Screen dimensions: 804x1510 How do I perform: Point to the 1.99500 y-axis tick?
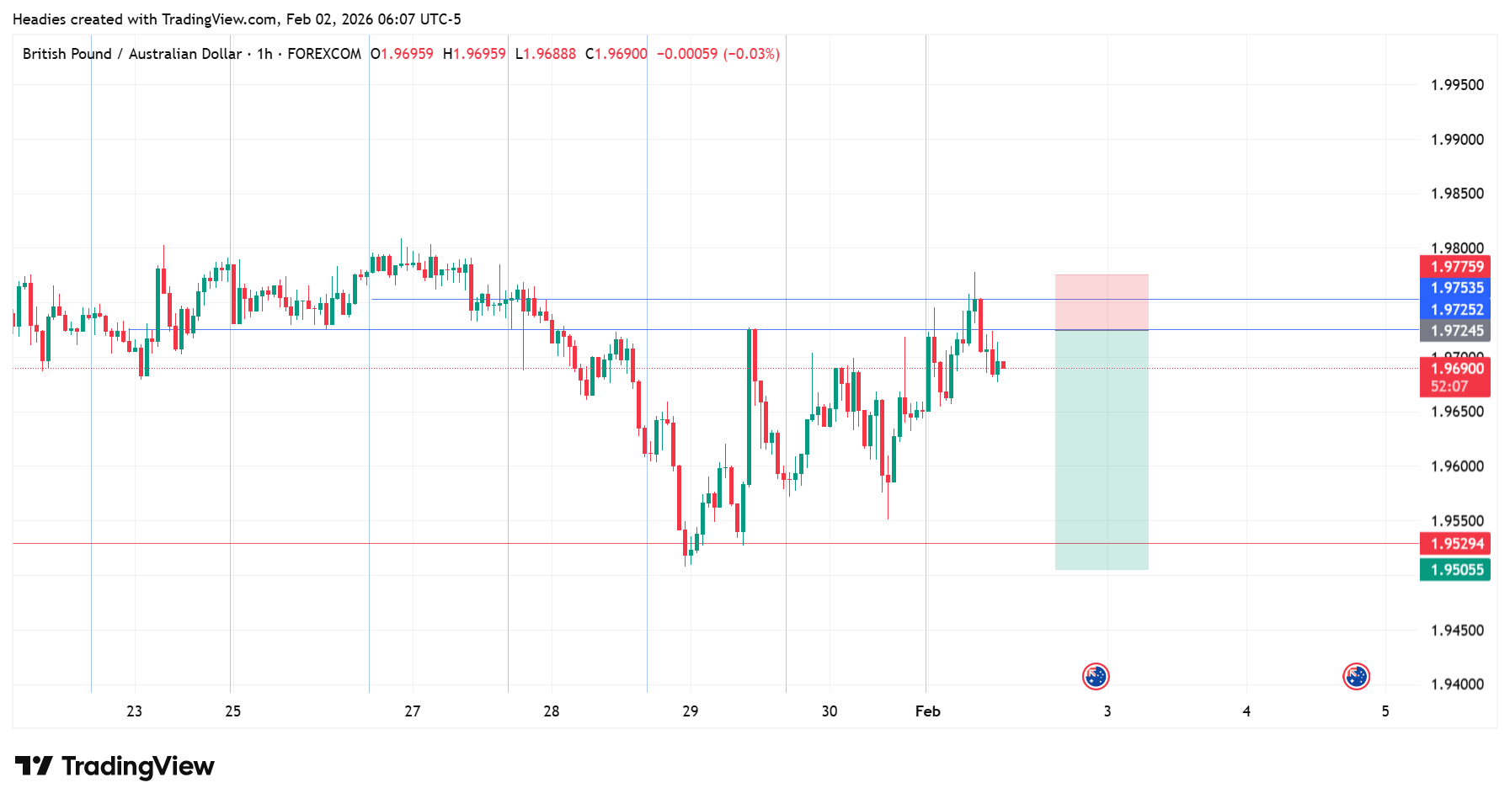(x=1457, y=85)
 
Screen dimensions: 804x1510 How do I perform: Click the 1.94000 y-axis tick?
(x=1457, y=684)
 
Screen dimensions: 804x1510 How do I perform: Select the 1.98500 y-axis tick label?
(x=1457, y=194)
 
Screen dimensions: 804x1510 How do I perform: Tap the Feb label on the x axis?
(x=927, y=711)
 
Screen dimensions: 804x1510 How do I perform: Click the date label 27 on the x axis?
(x=412, y=711)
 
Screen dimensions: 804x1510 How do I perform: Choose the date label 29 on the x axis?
(x=690, y=711)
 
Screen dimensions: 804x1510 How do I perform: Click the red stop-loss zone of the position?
(x=1102, y=302)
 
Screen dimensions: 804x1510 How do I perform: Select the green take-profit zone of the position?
(x=1102, y=450)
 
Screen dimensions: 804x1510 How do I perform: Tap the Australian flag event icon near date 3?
(x=1096, y=677)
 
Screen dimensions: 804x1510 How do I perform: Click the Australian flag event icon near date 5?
(x=1356, y=677)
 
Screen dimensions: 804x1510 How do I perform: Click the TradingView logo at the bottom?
(x=115, y=766)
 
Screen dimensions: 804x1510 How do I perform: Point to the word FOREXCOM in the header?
(x=324, y=54)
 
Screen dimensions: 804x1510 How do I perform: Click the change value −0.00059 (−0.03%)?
(x=718, y=54)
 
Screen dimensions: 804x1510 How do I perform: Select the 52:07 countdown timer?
(x=1449, y=387)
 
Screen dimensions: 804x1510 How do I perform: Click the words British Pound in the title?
(x=67, y=54)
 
